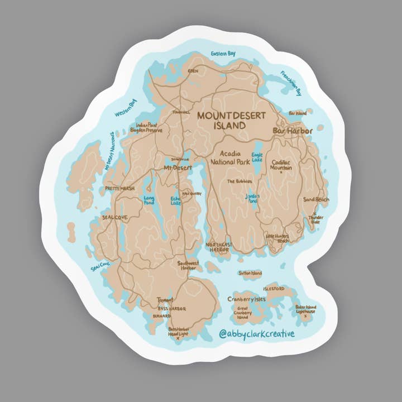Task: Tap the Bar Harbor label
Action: point(293,131)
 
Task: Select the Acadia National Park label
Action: point(229,157)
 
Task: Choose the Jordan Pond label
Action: point(253,198)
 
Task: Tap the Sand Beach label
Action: point(316,199)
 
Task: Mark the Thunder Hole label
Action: point(316,219)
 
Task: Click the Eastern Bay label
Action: point(223,54)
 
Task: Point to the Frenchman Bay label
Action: point(291,83)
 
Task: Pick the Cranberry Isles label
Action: point(246,299)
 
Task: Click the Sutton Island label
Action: point(250,274)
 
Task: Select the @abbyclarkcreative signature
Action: point(256,334)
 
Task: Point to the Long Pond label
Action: point(149,199)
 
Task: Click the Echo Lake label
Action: point(175,200)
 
